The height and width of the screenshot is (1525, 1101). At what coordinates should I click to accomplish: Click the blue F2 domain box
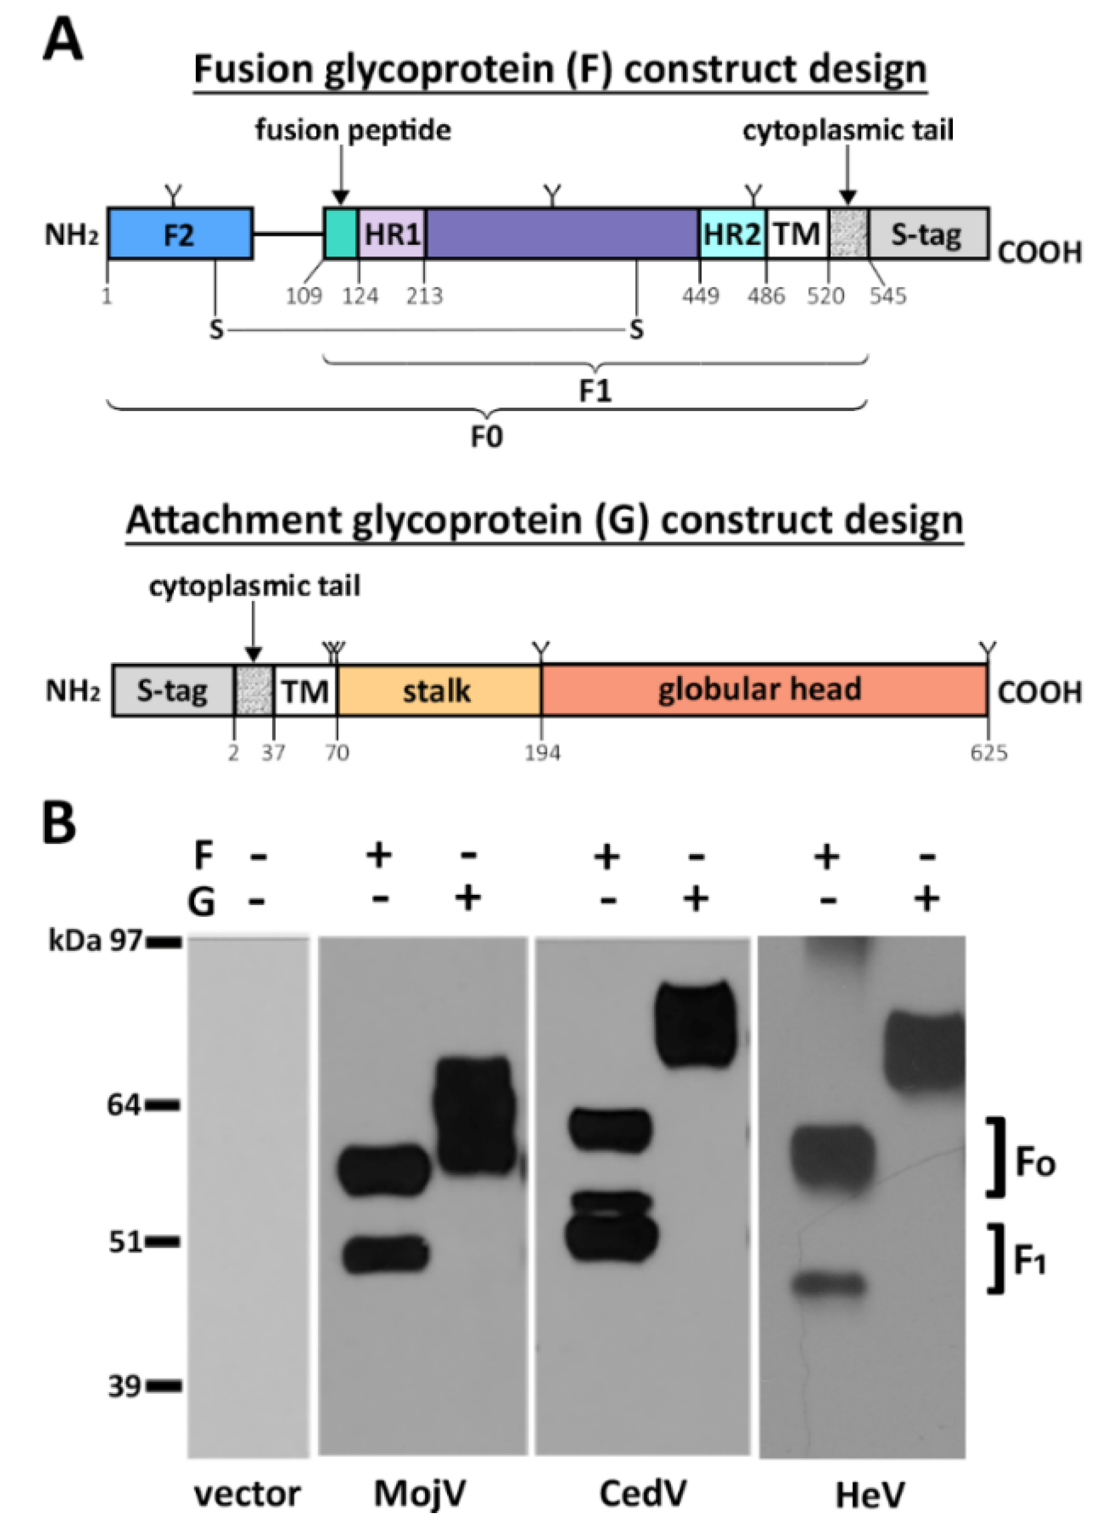point(180,233)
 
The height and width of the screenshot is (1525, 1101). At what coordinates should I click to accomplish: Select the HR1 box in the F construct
point(392,233)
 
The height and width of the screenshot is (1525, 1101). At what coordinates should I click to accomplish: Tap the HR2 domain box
point(732,233)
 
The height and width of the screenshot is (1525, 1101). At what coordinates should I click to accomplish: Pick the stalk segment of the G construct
point(438,690)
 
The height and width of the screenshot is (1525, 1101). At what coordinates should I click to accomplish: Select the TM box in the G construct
point(305,690)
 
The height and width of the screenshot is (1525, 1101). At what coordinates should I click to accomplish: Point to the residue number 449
point(701,295)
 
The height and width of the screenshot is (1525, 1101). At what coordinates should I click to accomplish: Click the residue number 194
point(542,752)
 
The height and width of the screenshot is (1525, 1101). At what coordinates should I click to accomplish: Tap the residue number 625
point(989,752)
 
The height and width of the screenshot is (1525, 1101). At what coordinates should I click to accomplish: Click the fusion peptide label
point(352,130)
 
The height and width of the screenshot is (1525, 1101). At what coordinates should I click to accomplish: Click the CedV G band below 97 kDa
point(696,1024)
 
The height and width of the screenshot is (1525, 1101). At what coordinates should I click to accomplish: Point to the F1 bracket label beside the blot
point(1029,1263)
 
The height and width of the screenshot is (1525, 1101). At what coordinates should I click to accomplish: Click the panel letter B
point(58,825)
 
